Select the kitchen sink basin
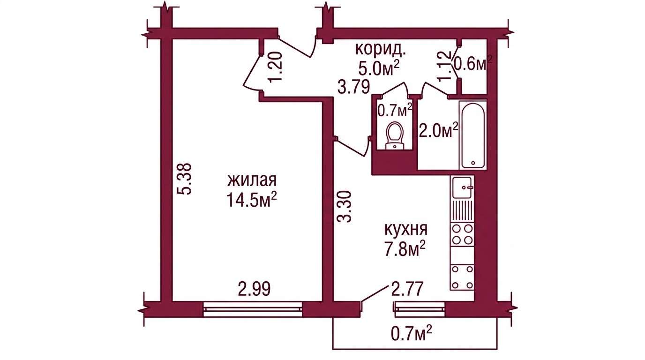coord(462,187)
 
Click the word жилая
coord(252,180)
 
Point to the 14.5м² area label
coord(252,199)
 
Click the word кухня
coord(406,230)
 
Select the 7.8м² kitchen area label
coord(405,249)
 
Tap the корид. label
coord(381,49)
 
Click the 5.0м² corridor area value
coord(379,68)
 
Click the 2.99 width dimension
coord(254,289)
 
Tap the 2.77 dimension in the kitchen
coord(407,289)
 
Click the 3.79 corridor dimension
coord(353,87)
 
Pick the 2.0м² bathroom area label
coord(438,130)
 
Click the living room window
coord(253,309)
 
